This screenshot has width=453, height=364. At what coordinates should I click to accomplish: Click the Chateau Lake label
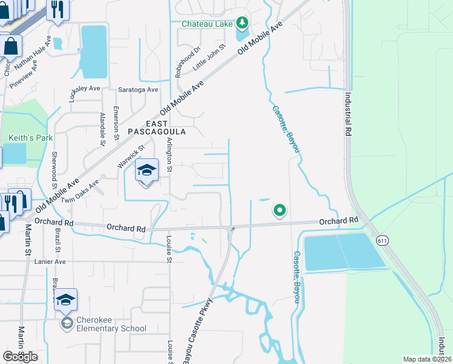(208, 24)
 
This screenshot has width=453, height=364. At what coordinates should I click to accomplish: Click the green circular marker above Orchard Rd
(279, 211)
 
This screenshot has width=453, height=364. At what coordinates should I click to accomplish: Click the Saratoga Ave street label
(138, 89)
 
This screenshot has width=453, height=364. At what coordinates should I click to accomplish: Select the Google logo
(21, 356)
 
